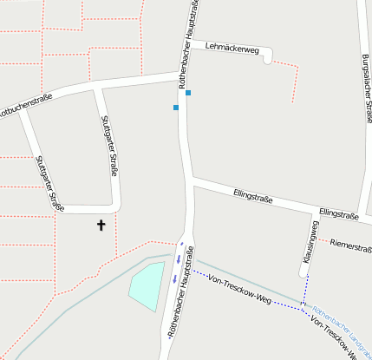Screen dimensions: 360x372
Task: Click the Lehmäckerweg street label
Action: point(232,49)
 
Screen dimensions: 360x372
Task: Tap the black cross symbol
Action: point(101,226)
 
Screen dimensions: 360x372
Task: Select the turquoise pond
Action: point(147,285)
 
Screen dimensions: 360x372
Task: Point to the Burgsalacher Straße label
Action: point(363,87)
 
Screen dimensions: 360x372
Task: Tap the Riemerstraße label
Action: point(350,246)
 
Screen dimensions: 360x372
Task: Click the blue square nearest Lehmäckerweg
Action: point(188,93)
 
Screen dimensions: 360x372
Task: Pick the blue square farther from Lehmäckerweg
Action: point(176,108)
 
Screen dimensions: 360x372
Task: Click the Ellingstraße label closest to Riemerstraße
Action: point(338,213)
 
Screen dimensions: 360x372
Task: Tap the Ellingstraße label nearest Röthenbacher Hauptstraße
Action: point(253,197)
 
